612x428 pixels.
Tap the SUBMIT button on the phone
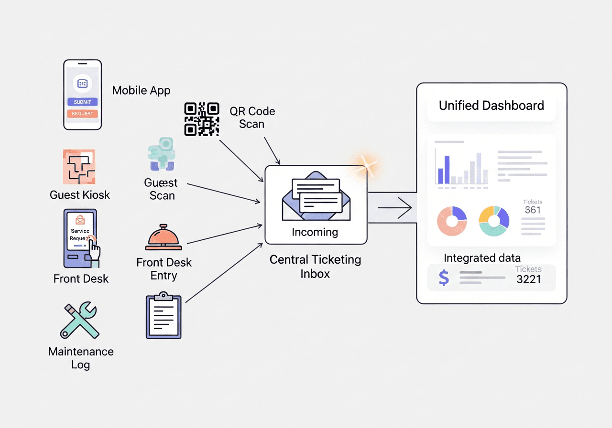click(83, 102)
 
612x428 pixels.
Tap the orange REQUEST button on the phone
click(83, 114)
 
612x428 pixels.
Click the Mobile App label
click(141, 90)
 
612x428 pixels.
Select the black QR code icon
click(202, 119)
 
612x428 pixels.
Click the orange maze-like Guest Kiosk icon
click(79, 167)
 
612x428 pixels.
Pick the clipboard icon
click(164, 317)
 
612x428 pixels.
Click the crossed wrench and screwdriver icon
click(79, 320)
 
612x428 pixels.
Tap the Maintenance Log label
click(81, 358)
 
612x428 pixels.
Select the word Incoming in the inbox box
click(315, 233)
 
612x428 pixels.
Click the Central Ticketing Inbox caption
click(315, 267)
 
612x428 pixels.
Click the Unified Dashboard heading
click(492, 106)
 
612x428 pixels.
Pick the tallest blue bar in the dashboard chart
click(447, 170)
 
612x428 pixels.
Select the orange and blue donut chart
click(452, 221)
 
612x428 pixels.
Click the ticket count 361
click(533, 210)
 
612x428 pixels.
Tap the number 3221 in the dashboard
click(529, 279)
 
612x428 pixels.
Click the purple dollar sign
click(444, 278)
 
